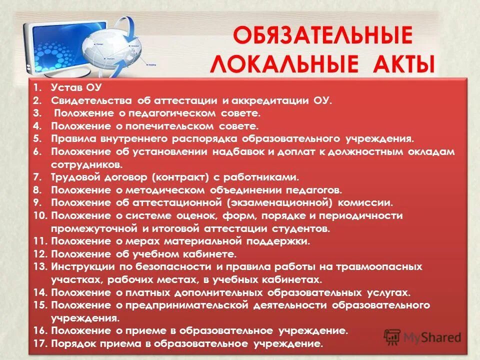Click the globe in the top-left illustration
tap(112, 50)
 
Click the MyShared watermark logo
tap(422, 336)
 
